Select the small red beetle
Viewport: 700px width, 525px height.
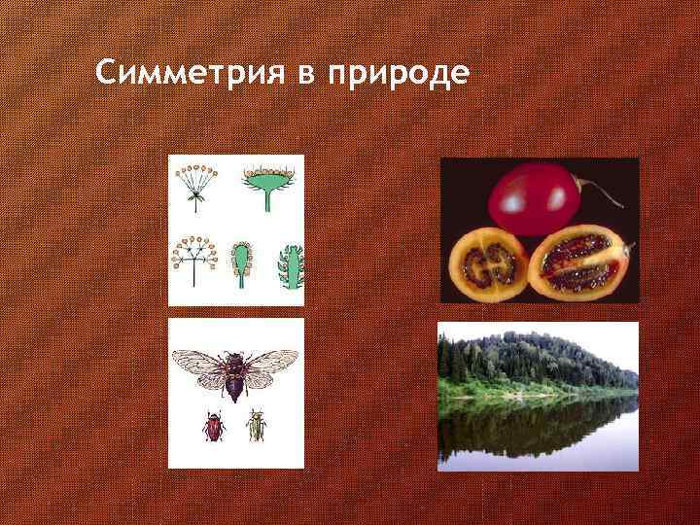click(213, 426)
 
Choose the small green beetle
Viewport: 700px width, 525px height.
click(257, 426)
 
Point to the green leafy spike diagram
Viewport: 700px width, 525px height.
click(289, 265)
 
